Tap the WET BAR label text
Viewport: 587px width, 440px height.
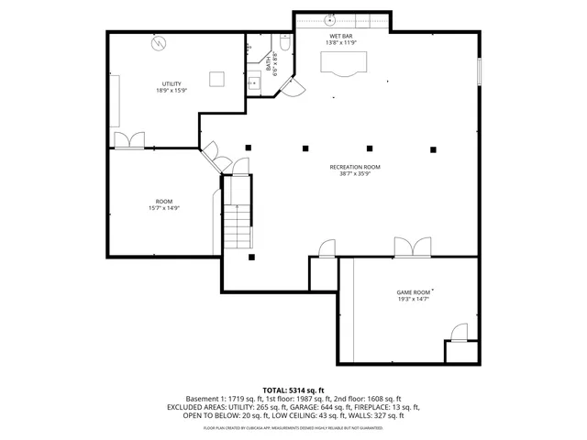coord(340,36)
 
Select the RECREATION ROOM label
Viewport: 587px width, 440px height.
coord(355,167)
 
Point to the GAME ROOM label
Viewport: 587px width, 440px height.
coord(413,291)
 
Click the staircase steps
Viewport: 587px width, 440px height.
coord(238,215)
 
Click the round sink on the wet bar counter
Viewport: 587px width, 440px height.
coord(328,17)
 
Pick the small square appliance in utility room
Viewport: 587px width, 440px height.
coord(216,79)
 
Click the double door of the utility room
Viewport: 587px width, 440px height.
coord(128,139)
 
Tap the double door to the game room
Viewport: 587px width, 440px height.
coord(413,247)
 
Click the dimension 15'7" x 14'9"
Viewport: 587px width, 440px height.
coord(164,208)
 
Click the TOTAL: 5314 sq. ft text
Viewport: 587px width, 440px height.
coord(293,390)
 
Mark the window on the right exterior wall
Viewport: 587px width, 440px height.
coord(478,73)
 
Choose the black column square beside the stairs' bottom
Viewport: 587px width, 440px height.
coord(251,257)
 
